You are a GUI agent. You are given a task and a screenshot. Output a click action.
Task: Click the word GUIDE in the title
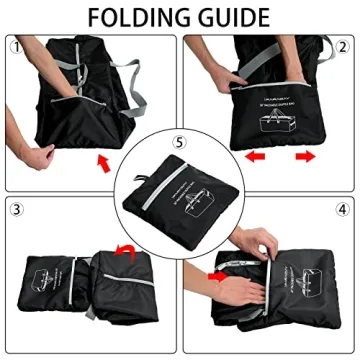[233, 17]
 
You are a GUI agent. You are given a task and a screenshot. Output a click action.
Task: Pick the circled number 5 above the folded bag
[179, 142]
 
